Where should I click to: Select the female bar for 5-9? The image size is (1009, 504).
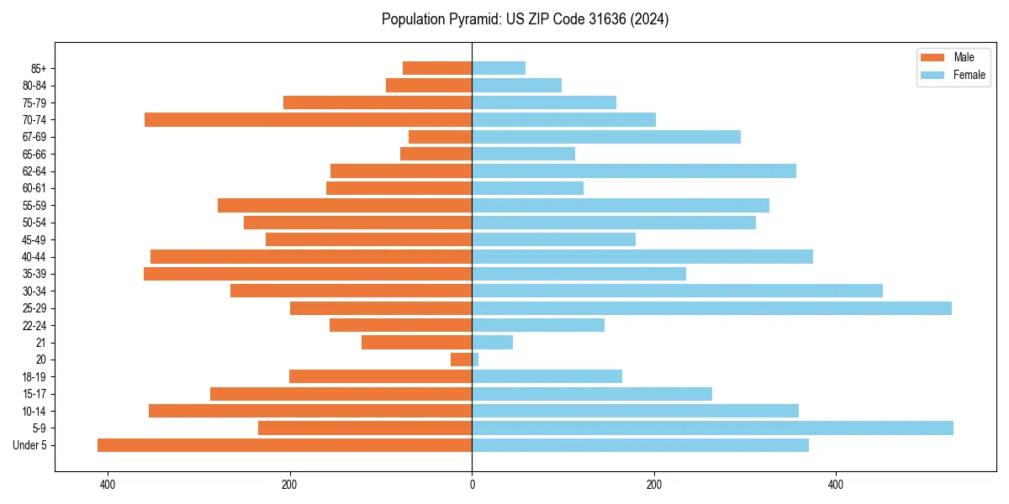coord(712,428)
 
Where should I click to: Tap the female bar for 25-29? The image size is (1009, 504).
coord(711,308)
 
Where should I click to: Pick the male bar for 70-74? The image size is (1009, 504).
coord(308,120)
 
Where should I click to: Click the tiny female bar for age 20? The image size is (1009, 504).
coord(475,360)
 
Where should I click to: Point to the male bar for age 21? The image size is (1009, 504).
coord(416,343)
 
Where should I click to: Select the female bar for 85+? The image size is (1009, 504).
coord(499,68)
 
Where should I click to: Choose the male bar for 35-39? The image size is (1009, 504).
coord(308,274)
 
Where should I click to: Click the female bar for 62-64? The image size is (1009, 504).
coord(634,171)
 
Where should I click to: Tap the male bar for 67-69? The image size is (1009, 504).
coord(440,137)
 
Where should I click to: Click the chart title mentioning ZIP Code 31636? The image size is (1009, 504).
coord(525,19)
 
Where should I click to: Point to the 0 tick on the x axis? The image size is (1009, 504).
coord(472,485)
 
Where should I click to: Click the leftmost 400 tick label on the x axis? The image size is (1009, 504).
coord(108,485)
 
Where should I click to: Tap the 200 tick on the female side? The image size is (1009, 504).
coord(653,485)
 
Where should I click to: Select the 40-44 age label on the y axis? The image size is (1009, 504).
coord(34,257)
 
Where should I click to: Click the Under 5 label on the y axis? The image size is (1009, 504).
coord(29,445)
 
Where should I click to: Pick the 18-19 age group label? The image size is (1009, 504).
coord(34,377)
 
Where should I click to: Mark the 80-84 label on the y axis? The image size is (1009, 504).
coord(34,86)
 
